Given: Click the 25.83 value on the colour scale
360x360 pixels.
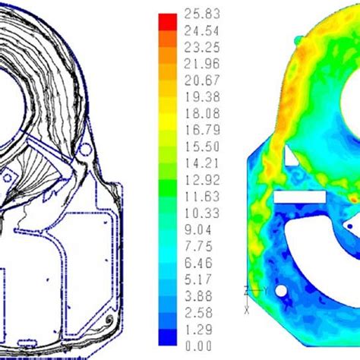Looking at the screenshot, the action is [202, 14].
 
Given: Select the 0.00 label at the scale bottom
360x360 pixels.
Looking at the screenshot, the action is [198, 346].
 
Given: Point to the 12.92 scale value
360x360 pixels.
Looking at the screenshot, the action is [202, 180].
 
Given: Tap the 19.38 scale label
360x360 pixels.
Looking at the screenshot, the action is [202, 97].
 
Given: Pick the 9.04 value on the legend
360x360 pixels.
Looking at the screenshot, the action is [198, 230].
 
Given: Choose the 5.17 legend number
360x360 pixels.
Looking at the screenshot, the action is [198, 279].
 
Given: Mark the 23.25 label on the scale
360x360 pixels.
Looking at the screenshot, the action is [202, 47].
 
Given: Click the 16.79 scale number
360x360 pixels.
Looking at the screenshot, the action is [202, 130].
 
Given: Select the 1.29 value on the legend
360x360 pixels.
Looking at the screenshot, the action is [198, 330].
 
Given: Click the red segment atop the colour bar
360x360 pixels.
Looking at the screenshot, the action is [168, 22].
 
